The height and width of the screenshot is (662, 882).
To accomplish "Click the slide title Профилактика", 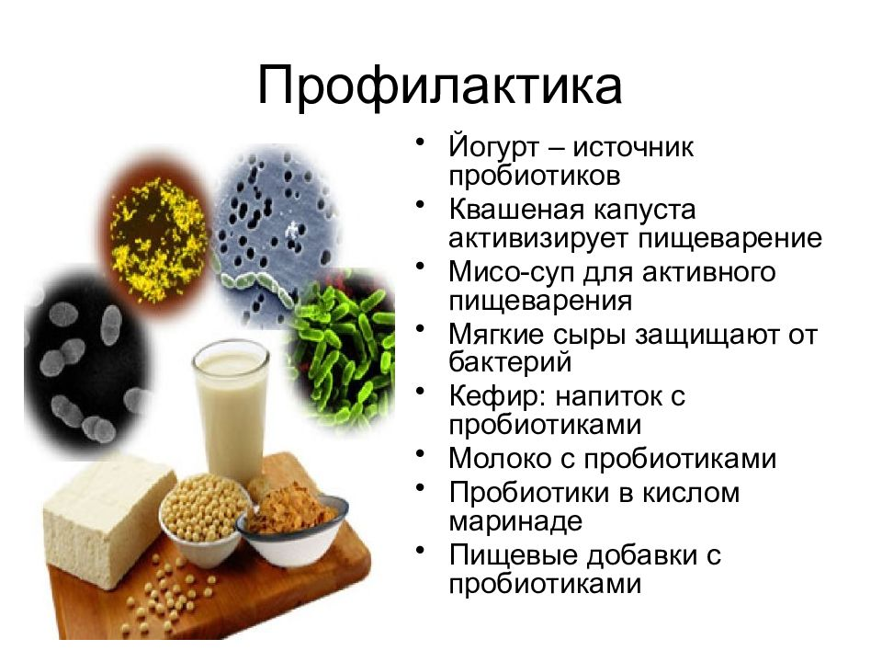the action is (440, 87).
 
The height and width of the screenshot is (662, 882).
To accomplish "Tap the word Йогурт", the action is (494, 147).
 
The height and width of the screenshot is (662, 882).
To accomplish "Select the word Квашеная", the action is (513, 210).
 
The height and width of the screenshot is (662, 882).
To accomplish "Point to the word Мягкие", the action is (497, 335).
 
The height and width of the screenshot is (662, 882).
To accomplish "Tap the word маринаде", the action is (515, 521).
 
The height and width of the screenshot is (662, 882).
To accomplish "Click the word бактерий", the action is (510, 362).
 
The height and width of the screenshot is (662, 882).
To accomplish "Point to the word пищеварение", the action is (730, 239).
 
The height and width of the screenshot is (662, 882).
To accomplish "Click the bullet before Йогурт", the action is (420, 142).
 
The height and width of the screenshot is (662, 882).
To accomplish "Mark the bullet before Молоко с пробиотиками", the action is (420, 452).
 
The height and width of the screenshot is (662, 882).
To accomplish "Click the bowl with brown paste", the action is (292, 526).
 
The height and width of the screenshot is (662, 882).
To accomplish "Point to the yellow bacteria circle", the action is (158, 237).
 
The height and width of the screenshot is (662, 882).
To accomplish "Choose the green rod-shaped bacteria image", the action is (343, 352).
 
